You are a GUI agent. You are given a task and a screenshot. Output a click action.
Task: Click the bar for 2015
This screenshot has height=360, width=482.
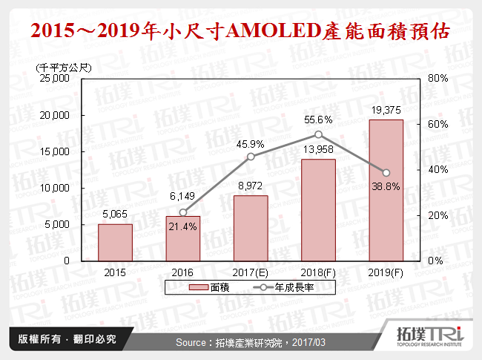point(115,242)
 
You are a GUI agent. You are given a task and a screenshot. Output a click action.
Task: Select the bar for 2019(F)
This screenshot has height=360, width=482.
point(386,190)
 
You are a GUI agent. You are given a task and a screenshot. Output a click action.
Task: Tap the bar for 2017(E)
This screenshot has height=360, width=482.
point(251,228)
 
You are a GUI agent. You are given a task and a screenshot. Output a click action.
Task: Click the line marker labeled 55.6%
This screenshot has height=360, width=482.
point(318,134)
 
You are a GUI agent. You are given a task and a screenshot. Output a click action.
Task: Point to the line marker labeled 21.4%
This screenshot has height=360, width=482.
point(183,212)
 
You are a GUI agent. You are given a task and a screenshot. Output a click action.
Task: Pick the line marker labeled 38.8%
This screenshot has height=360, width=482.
point(386,173)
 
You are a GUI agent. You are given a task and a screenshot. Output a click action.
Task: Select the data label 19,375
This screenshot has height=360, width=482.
point(386,111)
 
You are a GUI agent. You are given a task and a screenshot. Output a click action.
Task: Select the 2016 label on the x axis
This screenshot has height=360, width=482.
point(183,272)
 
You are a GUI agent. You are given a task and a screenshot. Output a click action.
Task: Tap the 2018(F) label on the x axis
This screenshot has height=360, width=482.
point(318,272)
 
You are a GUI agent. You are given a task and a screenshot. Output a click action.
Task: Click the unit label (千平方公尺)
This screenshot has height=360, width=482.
point(63,68)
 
